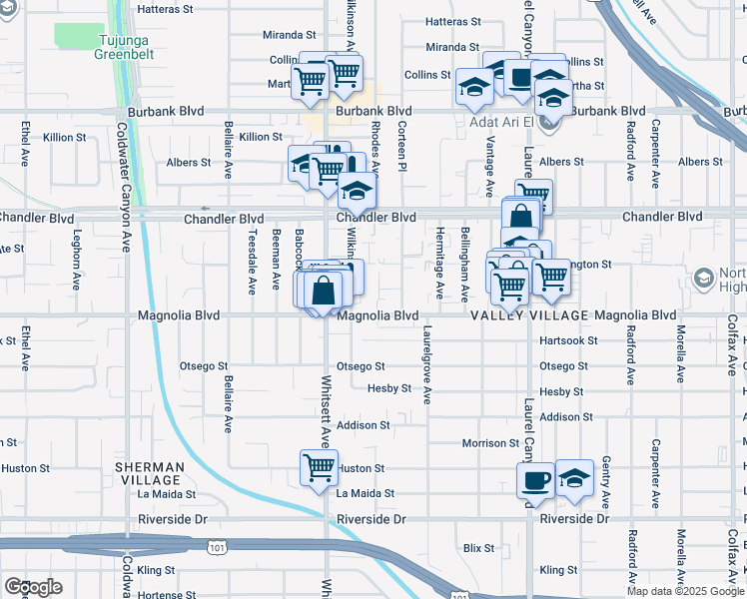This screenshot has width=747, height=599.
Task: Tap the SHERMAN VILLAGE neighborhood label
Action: pyautogui.click(x=149, y=473)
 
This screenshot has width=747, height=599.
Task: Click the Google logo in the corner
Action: pyautogui.click(x=33, y=587)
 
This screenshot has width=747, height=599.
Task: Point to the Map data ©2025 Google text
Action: pyautogui.click(x=685, y=591)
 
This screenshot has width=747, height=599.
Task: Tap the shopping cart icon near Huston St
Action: pyautogui.click(x=319, y=467)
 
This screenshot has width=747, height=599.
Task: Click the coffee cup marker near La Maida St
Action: pyautogui.click(x=535, y=480)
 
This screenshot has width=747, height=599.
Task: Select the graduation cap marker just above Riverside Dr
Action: pyautogui.click(x=574, y=478)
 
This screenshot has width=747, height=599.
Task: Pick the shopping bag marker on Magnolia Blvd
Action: pyautogui.click(x=324, y=293)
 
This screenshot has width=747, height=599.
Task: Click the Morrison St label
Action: pyautogui.click(x=490, y=443)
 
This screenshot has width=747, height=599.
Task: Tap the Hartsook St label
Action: pyautogui.click(x=567, y=340)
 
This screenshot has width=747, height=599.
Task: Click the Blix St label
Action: pyautogui.click(x=479, y=548)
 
